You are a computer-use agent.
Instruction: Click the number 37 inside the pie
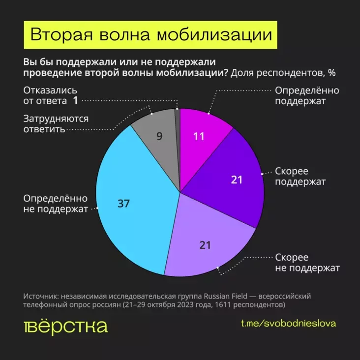[x=123, y=203]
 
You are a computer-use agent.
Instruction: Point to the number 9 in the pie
[x=159, y=136]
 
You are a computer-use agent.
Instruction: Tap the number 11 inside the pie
[x=199, y=136]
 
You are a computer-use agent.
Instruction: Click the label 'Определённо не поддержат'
[x=56, y=204]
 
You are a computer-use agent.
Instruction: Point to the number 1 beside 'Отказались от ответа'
[x=75, y=101]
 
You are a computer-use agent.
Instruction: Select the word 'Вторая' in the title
[x=60, y=36]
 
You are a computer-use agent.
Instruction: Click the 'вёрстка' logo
[x=65, y=327]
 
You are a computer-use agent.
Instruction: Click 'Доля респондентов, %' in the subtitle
[x=283, y=73]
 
